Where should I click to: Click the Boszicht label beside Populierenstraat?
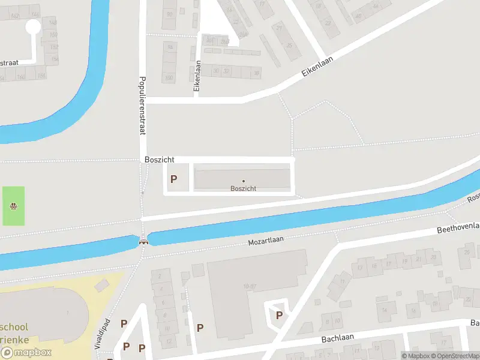(x=159, y=160)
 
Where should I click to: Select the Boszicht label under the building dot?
(x=244, y=188)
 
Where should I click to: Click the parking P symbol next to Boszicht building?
(x=174, y=179)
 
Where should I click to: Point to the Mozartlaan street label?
(x=266, y=241)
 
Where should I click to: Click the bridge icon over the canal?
(x=143, y=242)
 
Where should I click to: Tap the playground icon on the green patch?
(x=13, y=206)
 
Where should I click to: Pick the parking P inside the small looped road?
(x=278, y=315)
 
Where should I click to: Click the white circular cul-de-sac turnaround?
(x=32, y=26)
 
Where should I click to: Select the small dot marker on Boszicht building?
(x=244, y=181)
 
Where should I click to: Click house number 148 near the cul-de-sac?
(x=53, y=23)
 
